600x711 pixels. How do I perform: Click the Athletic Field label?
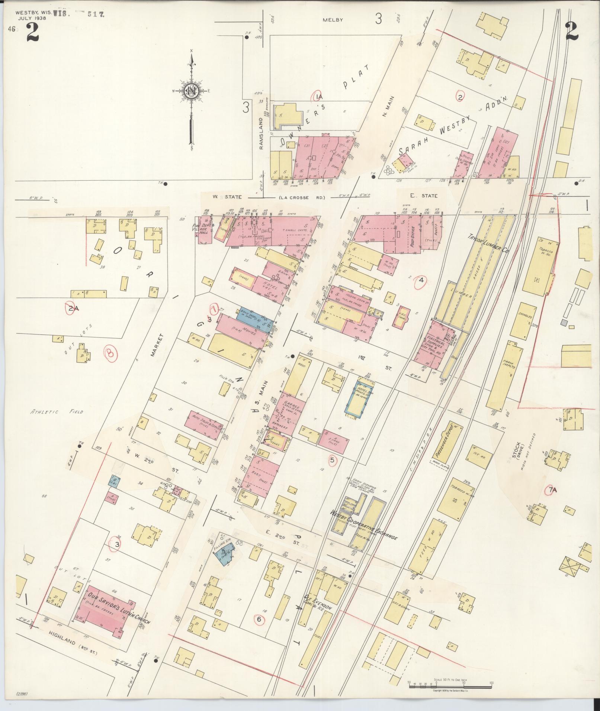pos(57,411)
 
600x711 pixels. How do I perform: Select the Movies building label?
pos(244,331)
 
